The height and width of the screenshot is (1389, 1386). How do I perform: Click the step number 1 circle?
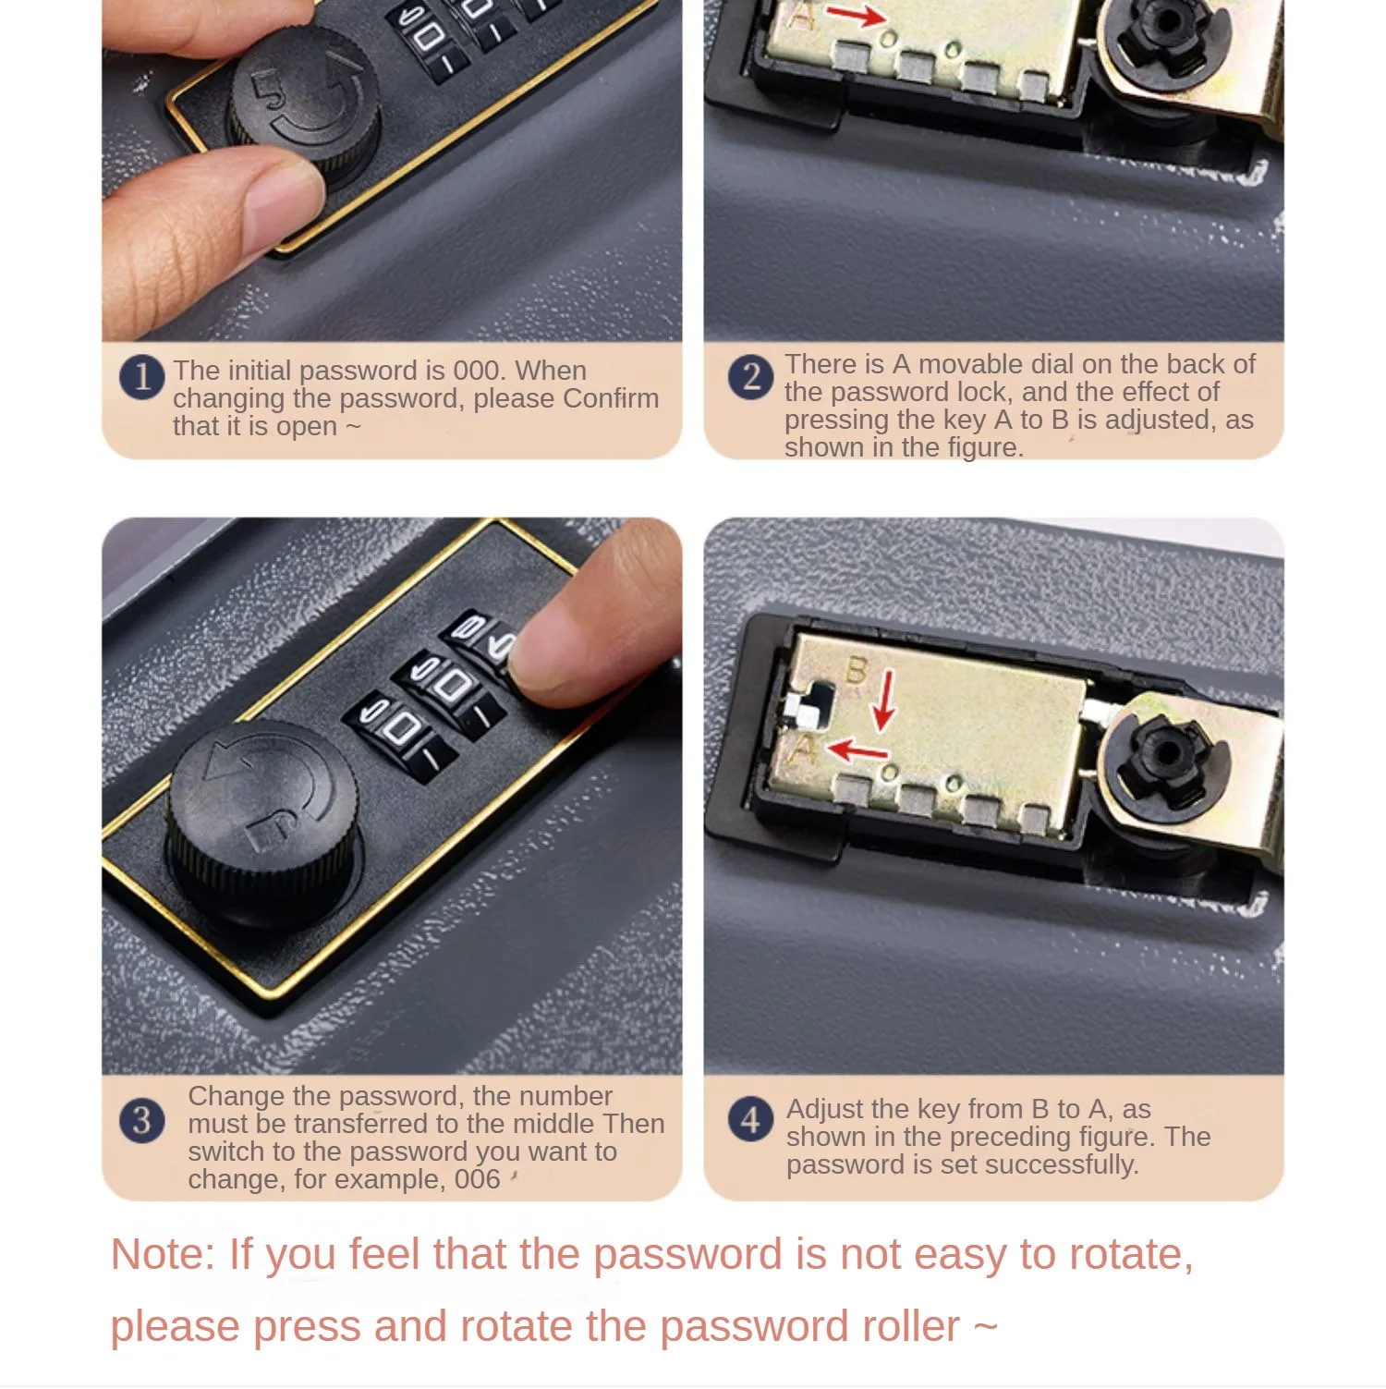[x=141, y=377]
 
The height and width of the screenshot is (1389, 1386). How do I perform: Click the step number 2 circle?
[x=751, y=377]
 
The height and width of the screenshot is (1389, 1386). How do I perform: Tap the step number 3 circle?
[x=141, y=1120]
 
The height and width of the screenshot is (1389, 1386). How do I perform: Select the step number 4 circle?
[x=750, y=1120]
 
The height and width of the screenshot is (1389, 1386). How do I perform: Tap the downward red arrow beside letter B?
[x=884, y=701]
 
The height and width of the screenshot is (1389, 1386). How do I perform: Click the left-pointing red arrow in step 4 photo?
[x=858, y=749]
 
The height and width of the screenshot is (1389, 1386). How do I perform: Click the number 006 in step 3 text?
[x=477, y=1179]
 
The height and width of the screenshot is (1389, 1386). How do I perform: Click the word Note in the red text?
[x=163, y=1254]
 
